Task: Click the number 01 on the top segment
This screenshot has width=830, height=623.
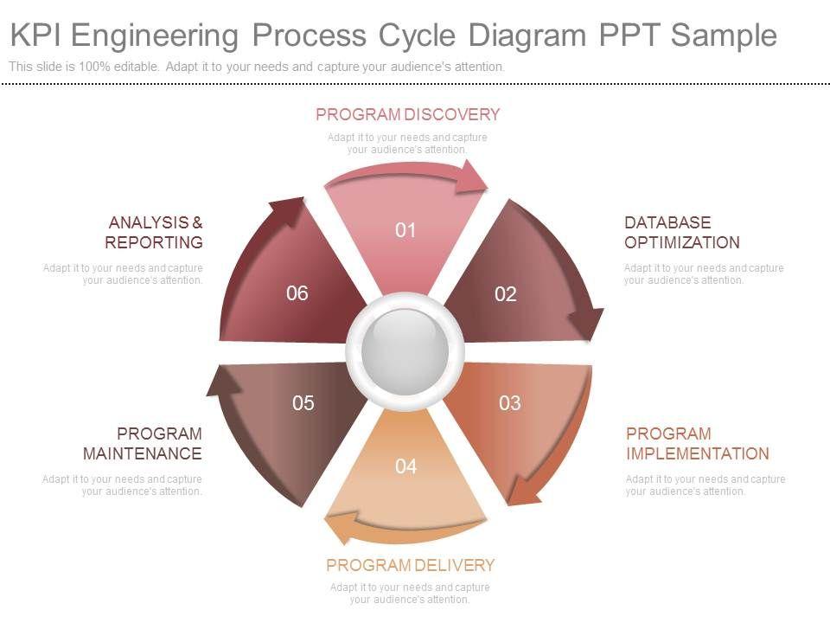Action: [405, 230]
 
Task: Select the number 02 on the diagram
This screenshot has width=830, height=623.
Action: [506, 295]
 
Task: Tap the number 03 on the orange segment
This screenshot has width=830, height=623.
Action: [510, 403]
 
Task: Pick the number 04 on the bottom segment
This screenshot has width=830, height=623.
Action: [405, 467]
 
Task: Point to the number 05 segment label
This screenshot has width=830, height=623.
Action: [303, 403]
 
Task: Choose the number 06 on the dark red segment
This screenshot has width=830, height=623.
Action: [297, 293]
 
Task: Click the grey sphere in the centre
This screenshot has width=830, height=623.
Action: [405, 350]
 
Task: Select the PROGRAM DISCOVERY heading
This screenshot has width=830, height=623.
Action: [407, 115]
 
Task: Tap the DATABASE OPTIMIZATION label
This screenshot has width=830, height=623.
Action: [681, 233]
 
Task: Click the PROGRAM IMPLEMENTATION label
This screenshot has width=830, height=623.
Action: [697, 444]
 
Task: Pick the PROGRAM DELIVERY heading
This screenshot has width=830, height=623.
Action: [410, 566]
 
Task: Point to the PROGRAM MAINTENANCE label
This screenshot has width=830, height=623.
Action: [143, 444]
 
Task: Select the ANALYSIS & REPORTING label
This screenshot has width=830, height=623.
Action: [155, 233]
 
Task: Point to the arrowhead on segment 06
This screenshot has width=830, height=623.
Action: [289, 209]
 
